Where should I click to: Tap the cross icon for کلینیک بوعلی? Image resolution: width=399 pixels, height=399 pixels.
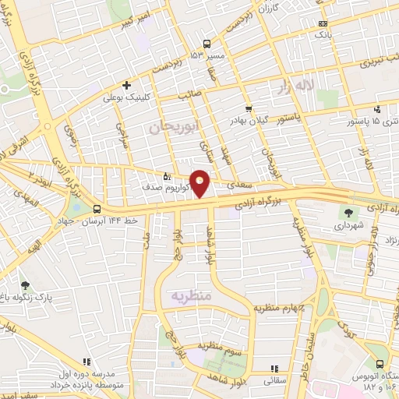tap(126, 86)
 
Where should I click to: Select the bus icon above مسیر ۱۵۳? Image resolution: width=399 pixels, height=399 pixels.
tap(207, 44)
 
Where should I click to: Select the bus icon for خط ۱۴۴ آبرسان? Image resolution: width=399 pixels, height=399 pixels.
tap(97, 209)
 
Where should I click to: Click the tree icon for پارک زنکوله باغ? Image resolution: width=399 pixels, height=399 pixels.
tap(26, 286)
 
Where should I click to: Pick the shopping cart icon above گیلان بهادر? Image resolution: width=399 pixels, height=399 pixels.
tap(249, 109)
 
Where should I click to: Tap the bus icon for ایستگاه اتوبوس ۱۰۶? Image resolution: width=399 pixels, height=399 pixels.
tap(380, 364)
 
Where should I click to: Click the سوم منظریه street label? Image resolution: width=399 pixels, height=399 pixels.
tap(215, 344)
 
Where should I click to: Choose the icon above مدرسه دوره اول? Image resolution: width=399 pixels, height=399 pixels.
tap(86, 362)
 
